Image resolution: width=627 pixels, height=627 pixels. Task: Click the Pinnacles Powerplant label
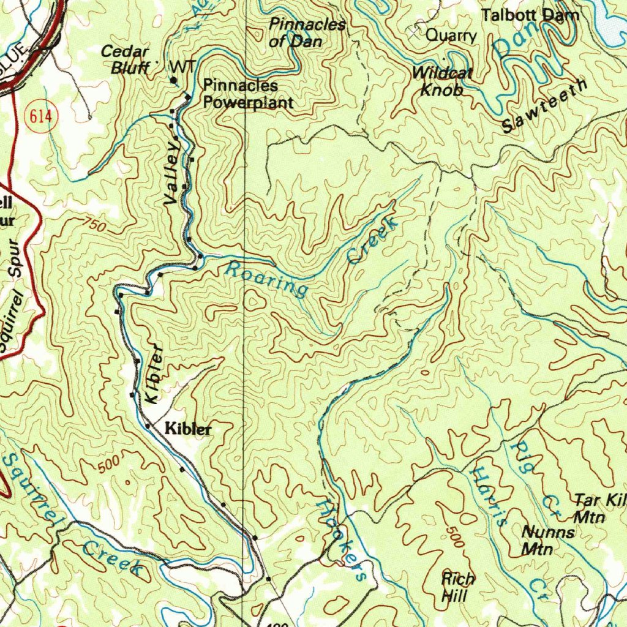coord(248,94)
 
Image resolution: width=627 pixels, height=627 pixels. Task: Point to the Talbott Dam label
coord(530,15)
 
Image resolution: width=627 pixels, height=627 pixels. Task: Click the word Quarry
coord(451,36)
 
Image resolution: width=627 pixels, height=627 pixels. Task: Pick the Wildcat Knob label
coord(442,81)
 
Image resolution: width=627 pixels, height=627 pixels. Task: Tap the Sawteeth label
coord(544,106)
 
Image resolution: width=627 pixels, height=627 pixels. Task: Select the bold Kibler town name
coord(189,429)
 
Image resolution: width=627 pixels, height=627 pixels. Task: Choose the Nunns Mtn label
coord(548,540)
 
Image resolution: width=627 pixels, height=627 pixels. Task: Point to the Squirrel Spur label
coord(17,298)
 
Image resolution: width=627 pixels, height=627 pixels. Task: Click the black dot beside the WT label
coord(174,80)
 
